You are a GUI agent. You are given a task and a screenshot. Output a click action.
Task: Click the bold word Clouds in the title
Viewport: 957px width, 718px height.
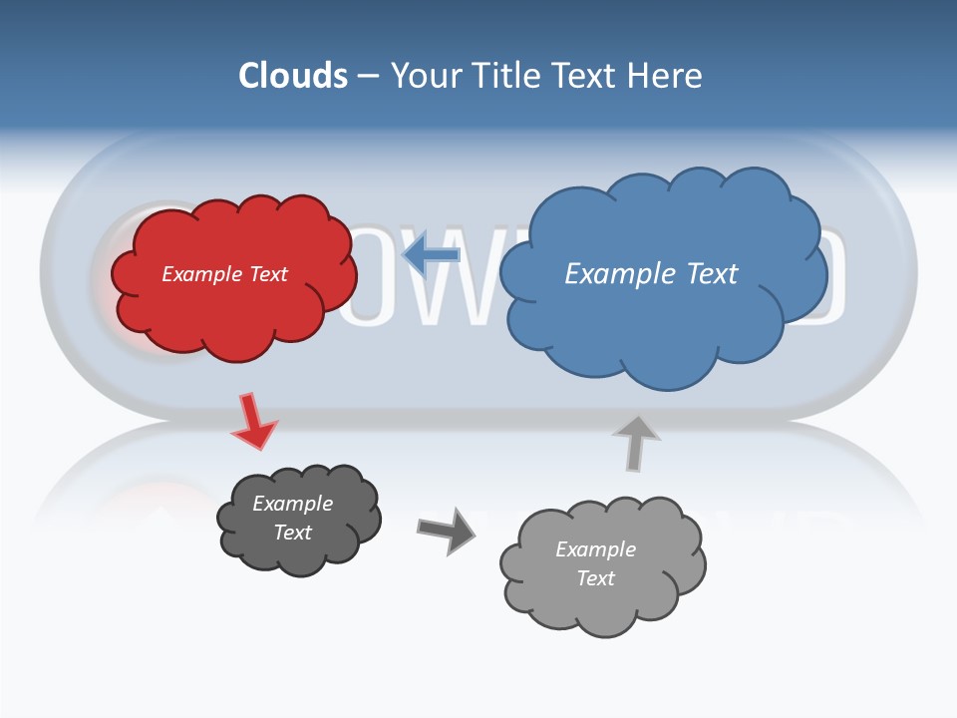click(x=292, y=76)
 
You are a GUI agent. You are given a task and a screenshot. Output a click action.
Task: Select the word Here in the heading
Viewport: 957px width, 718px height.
click(x=665, y=76)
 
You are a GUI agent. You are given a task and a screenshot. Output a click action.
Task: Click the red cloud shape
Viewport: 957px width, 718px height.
click(x=234, y=309)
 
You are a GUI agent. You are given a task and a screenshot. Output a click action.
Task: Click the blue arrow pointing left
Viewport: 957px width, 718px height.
click(x=431, y=256)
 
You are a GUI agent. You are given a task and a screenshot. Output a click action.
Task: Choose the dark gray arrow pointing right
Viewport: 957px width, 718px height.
click(x=447, y=530)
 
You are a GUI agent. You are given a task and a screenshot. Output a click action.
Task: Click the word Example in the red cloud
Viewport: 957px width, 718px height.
click(x=199, y=274)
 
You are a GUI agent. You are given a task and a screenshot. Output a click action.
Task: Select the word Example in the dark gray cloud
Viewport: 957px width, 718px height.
click(x=292, y=504)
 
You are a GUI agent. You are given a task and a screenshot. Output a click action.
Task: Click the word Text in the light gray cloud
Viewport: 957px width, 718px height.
click(x=595, y=578)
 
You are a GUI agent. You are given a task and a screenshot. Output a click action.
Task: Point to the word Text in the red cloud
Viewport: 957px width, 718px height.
click(x=266, y=274)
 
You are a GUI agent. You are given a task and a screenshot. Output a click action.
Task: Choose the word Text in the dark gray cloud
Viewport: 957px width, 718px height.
click(x=292, y=533)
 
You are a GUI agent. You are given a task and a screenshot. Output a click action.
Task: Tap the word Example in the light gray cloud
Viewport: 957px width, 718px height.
click(x=595, y=549)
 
